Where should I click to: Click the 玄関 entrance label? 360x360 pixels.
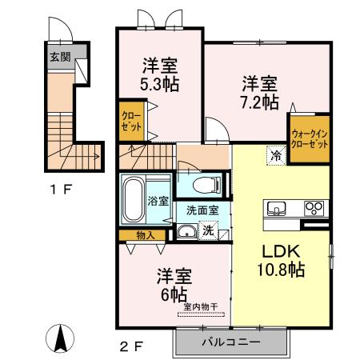coord(59,58)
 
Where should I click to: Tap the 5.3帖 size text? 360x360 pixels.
coord(160,82)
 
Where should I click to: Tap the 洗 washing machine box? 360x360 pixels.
coord(208,231)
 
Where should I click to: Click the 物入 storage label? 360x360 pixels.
coord(146,235)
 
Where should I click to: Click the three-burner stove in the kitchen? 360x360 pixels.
coord(314,210)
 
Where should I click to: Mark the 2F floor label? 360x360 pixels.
coord(132,347)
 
